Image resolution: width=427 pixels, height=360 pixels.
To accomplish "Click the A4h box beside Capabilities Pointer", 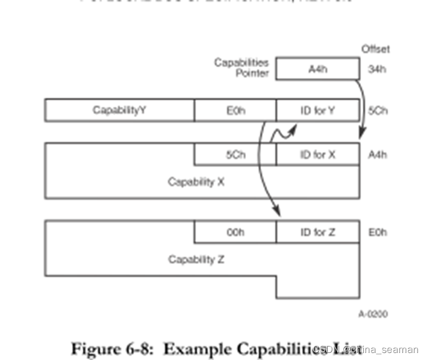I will [x=317, y=69].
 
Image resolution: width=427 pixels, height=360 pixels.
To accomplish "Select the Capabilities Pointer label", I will [x=241, y=67].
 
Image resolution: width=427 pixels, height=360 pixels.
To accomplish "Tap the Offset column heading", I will [x=375, y=50].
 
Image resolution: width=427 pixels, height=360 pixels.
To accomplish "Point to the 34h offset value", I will [x=377, y=69].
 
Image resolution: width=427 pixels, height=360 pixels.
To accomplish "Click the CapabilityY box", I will [x=119, y=110].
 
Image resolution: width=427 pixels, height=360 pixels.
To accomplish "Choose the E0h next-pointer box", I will [x=235, y=110].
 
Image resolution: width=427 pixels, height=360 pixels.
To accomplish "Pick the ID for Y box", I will [x=317, y=110].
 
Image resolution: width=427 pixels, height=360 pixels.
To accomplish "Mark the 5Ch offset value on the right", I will [x=377, y=110].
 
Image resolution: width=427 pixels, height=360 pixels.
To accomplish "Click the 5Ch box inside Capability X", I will [x=235, y=155].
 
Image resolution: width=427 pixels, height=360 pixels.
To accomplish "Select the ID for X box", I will [x=317, y=155].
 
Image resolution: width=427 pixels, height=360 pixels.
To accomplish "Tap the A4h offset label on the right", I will [x=377, y=155].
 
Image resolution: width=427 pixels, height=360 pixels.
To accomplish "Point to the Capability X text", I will [x=196, y=182].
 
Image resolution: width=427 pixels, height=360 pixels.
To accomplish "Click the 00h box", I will [x=235, y=232].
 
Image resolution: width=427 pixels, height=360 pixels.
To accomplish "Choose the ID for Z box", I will [x=317, y=232].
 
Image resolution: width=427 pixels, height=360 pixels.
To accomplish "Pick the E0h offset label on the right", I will [x=377, y=232].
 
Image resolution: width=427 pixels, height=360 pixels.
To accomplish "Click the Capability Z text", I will [x=196, y=259].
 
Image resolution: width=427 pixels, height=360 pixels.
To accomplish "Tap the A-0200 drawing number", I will [x=373, y=314].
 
